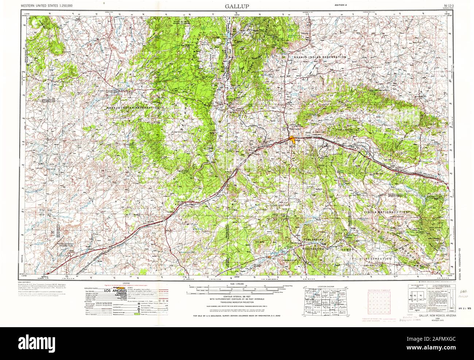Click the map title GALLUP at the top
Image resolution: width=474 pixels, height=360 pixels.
pyautogui.click(x=237, y=7)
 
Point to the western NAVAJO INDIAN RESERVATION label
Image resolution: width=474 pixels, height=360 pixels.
pyautogui.click(x=133, y=108)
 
